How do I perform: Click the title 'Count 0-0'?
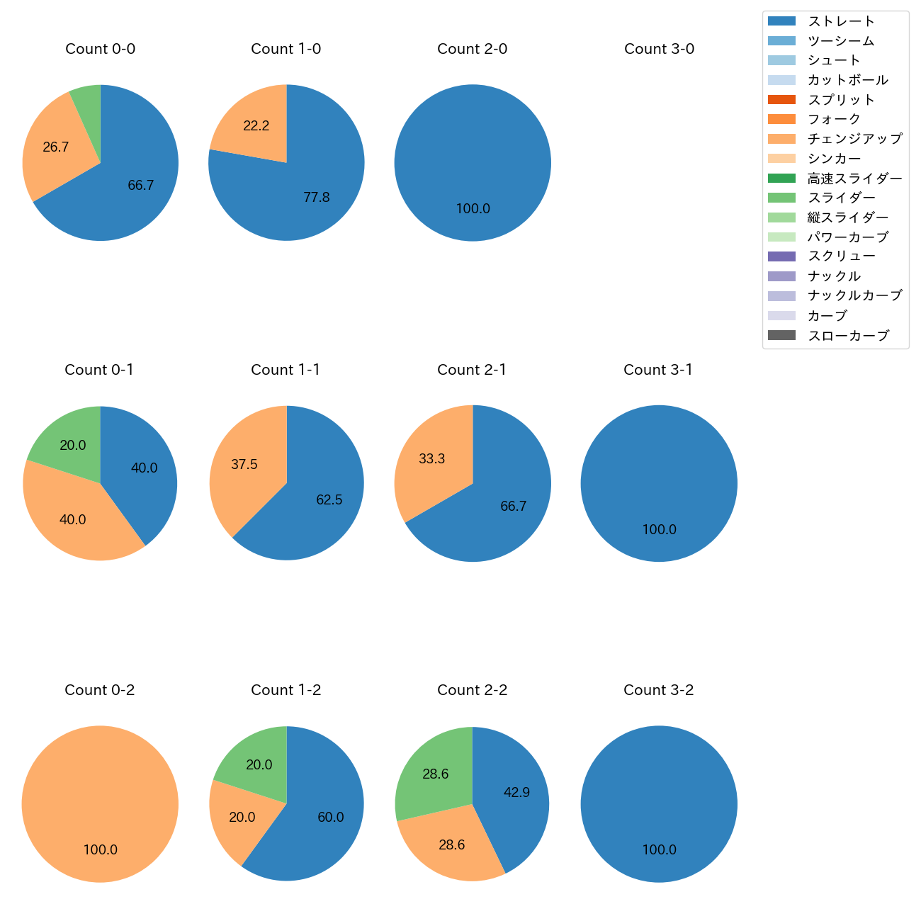(x=100, y=49)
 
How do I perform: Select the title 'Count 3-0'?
(x=659, y=49)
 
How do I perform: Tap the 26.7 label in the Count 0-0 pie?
(x=56, y=147)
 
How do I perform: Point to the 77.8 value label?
(x=317, y=198)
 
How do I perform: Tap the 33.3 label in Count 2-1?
(x=431, y=459)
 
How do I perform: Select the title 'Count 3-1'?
(x=658, y=370)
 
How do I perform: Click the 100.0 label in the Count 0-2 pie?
(x=101, y=850)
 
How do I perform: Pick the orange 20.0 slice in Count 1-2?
(x=237, y=818)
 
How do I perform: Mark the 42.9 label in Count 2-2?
(x=516, y=793)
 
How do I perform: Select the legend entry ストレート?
(x=841, y=21)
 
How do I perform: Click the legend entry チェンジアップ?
(x=855, y=139)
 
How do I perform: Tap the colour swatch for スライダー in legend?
(x=781, y=198)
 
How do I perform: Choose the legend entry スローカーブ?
(x=848, y=336)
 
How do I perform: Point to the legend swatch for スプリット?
(x=781, y=100)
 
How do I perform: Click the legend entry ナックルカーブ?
(x=855, y=296)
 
